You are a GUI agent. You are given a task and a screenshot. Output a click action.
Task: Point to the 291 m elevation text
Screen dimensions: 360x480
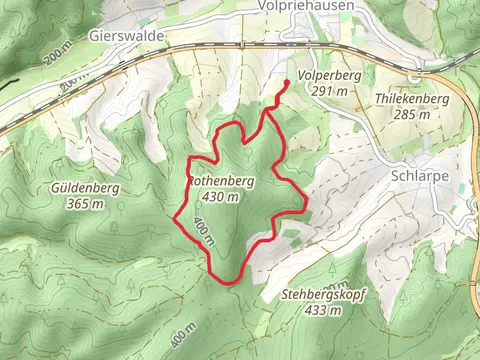pyautogui.click(x=328, y=91)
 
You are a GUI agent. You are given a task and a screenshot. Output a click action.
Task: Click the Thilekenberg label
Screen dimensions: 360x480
pyautogui.click(x=411, y=100)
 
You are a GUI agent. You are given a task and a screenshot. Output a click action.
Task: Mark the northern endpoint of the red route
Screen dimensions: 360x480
pyautogui.click(x=288, y=82)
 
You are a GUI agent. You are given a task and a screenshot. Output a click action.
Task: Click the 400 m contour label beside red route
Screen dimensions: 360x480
pyautogui.click(x=204, y=232)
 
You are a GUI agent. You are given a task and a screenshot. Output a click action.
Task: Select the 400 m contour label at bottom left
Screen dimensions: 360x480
pyautogui.click(x=185, y=329)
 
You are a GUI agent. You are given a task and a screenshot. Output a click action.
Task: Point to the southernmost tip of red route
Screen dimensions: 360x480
pyautogui.click(x=229, y=283)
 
